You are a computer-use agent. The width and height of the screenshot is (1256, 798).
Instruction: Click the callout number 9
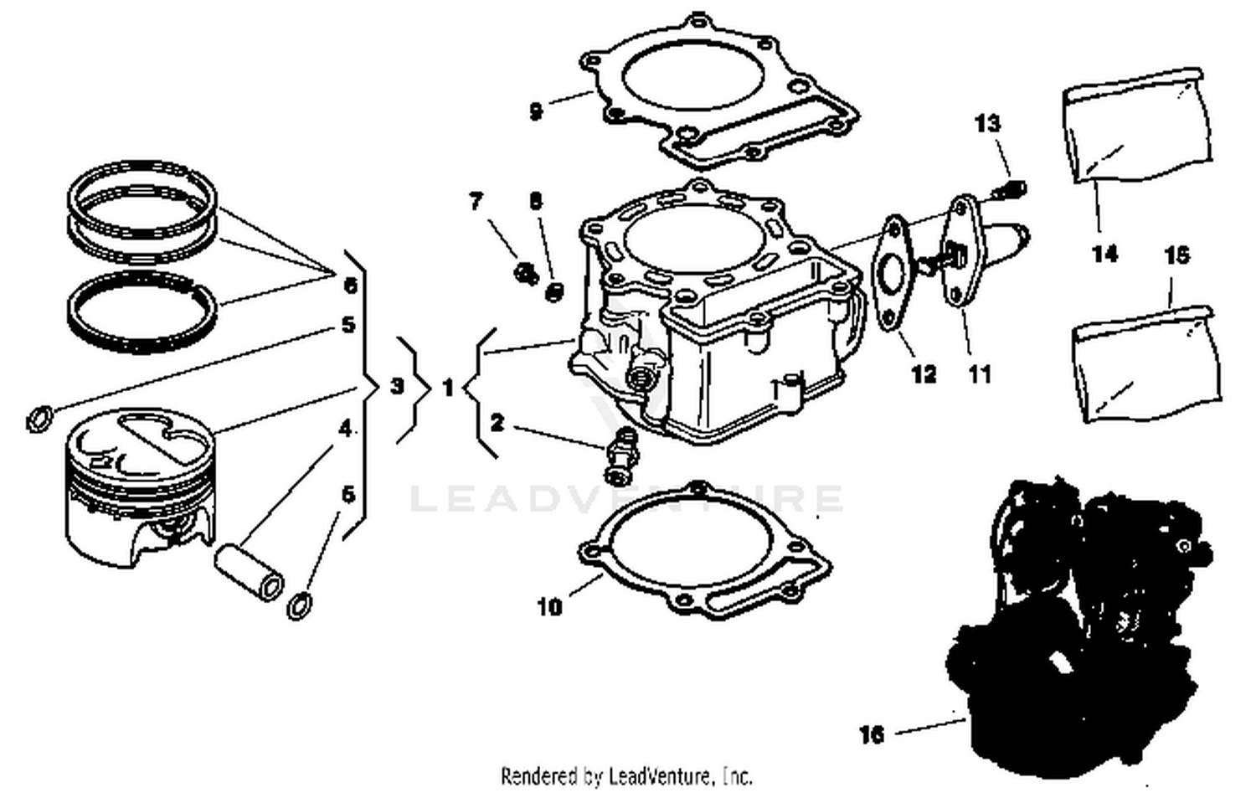pos(536,111)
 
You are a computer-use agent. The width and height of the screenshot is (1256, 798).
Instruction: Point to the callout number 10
pos(549,606)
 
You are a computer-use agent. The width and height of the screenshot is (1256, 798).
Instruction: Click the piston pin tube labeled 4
pos(249,573)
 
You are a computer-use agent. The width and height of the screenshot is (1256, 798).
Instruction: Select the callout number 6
pos(351,286)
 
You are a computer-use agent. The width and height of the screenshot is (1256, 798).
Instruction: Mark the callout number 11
pos(980,373)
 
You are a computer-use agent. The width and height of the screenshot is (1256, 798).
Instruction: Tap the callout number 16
pos(872,734)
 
